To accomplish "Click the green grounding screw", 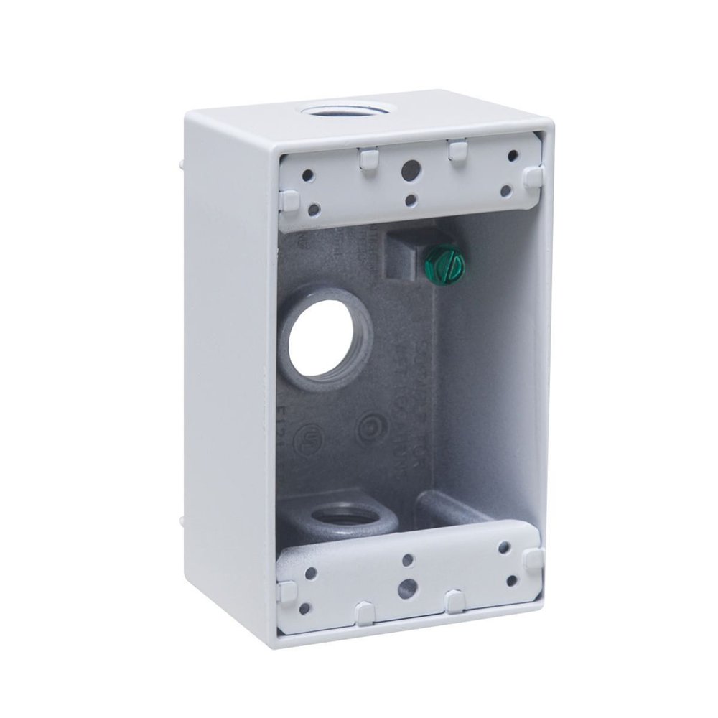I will click(x=445, y=266).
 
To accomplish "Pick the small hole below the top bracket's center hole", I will click(x=410, y=201).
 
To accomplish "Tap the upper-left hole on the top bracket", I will click(x=307, y=174).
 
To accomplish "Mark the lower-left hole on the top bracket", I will click(x=314, y=210).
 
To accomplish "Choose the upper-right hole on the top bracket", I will click(x=513, y=155).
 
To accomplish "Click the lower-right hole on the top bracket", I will click(x=505, y=191).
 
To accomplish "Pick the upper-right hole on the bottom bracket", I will click(x=504, y=548).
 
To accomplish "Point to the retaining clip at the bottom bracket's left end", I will click(x=287, y=591).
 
